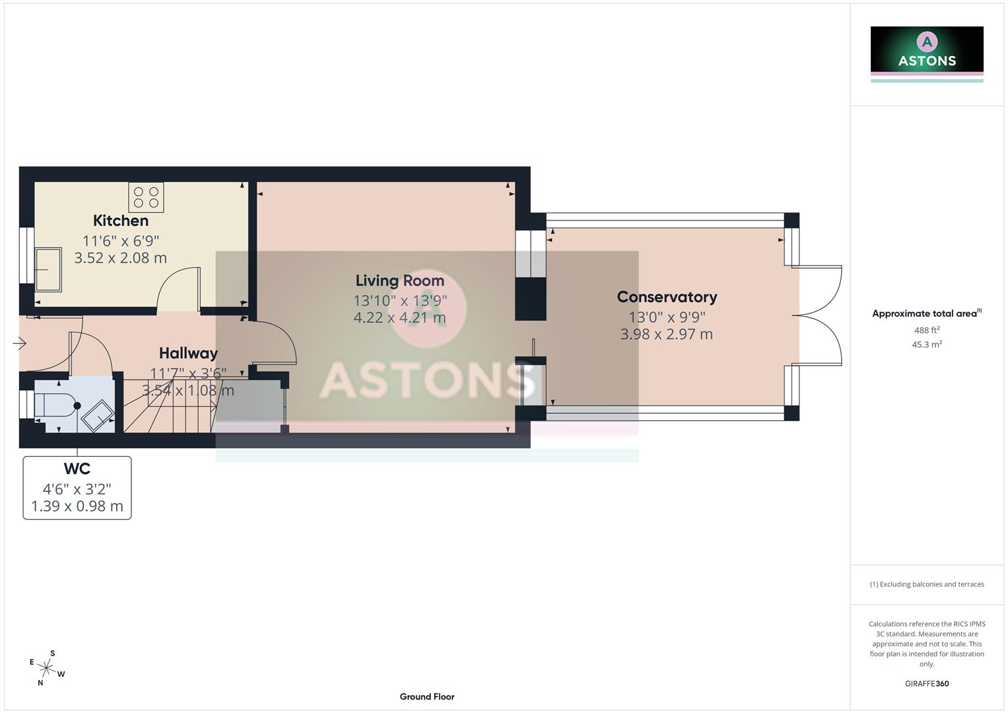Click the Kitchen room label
click(121, 221)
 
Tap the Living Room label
click(399, 281)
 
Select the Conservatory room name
click(667, 297)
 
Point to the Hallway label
click(188, 353)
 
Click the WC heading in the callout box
click(77, 469)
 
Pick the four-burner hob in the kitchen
click(146, 197)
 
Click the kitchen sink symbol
click(48, 269)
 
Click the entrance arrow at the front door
click(19, 343)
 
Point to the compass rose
click(46, 667)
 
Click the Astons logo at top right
click(927, 51)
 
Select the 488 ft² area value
click(927, 330)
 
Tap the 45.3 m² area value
click(927, 345)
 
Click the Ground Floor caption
click(427, 696)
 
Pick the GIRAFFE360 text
click(927, 684)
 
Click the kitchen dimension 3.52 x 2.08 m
click(121, 258)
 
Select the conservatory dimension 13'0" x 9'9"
click(667, 317)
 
